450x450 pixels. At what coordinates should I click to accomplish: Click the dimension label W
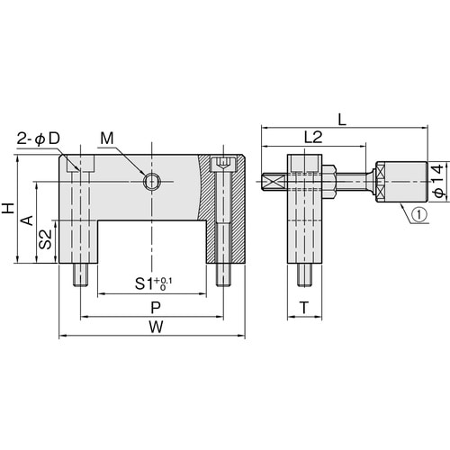(x=157, y=327)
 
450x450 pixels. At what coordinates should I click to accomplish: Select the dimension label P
(x=156, y=308)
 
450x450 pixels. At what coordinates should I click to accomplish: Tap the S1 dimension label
(x=144, y=283)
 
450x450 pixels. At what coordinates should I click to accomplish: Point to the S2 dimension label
(x=46, y=239)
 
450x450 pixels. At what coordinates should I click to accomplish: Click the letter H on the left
(x=8, y=208)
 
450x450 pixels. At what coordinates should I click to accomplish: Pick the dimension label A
(x=27, y=220)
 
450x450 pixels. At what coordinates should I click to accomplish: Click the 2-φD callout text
(x=39, y=139)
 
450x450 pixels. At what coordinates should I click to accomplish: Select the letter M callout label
(x=107, y=139)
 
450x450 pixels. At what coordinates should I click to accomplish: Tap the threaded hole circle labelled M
(x=151, y=182)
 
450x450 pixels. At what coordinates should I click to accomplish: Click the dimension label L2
(x=313, y=137)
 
